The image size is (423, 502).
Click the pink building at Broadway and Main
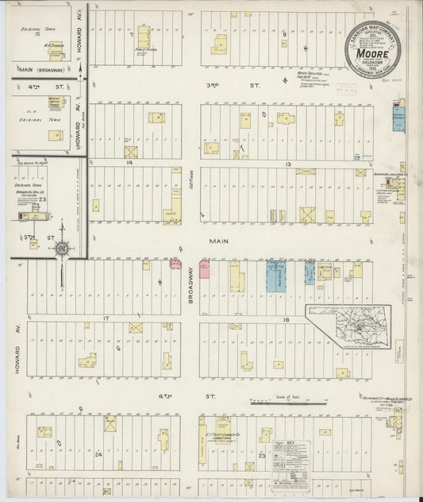[x=204, y=269]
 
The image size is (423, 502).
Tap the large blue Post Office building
[x=275, y=275]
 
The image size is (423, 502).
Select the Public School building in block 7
[x=144, y=37]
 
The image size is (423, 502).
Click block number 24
[x=99, y=455]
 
